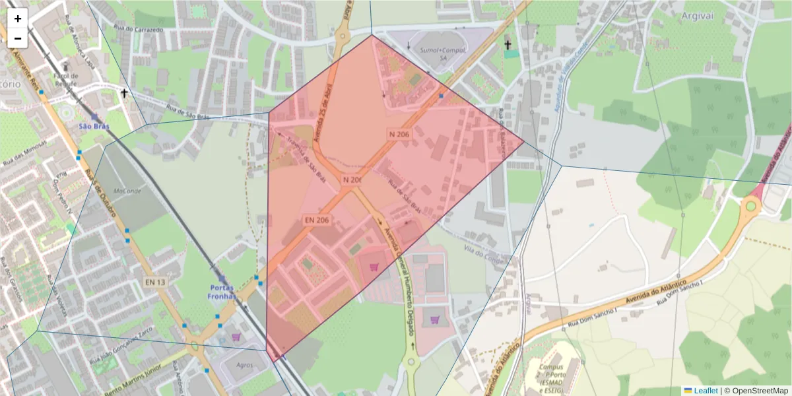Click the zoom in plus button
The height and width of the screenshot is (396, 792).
click(x=18, y=18)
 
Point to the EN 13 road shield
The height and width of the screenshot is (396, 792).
click(x=155, y=282)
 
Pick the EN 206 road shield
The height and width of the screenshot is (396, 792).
click(x=316, y=220)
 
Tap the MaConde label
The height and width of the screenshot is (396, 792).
click(x=127, y=191)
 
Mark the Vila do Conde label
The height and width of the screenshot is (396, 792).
click(x=484, y=253)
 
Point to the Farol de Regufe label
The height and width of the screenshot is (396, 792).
click(x=66, y=80)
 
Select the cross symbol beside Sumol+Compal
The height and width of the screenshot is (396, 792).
click(x=508, y=45)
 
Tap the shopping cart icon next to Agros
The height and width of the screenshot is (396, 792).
click(x=236, y=337)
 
